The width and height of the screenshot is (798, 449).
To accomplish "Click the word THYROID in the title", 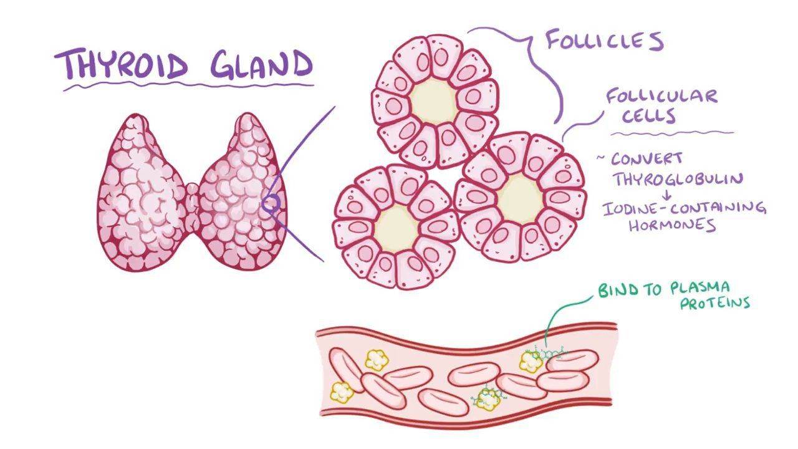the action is tap(122, 65).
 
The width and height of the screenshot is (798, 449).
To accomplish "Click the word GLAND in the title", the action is tap(261, 64).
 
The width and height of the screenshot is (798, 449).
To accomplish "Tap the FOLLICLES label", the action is tap(605, 41).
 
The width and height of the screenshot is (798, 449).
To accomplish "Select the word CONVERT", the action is tap(647, 159).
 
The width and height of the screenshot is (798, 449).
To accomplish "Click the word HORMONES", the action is tap(672, 225).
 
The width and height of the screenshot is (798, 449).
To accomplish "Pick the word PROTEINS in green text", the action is tap(715, 303).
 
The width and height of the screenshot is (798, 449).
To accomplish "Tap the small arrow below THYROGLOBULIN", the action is tap(667, 195).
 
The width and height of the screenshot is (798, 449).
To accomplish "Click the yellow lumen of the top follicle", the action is tap(433, 102).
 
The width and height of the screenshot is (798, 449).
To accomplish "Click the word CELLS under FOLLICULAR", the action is tap(648, 116).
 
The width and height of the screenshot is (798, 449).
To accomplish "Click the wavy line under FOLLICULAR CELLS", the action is tap(673, 134).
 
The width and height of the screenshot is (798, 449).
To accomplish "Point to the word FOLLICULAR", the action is tap(662, 97).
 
